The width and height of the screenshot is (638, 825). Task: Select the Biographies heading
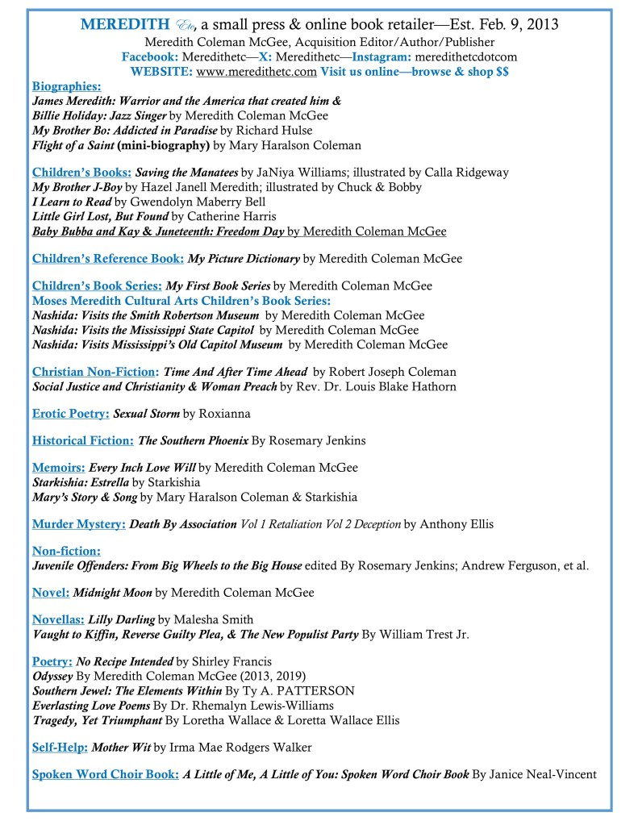tap(66, 86)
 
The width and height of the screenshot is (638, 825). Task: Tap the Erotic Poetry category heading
tap(70, 414)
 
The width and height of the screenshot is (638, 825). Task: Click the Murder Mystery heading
tap(78, 524)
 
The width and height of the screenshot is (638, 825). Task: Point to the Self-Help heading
tap(59, 746)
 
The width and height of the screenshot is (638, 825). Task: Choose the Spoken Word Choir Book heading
tap(105, 774)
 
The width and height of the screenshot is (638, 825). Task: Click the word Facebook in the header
tap(149, 56)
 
